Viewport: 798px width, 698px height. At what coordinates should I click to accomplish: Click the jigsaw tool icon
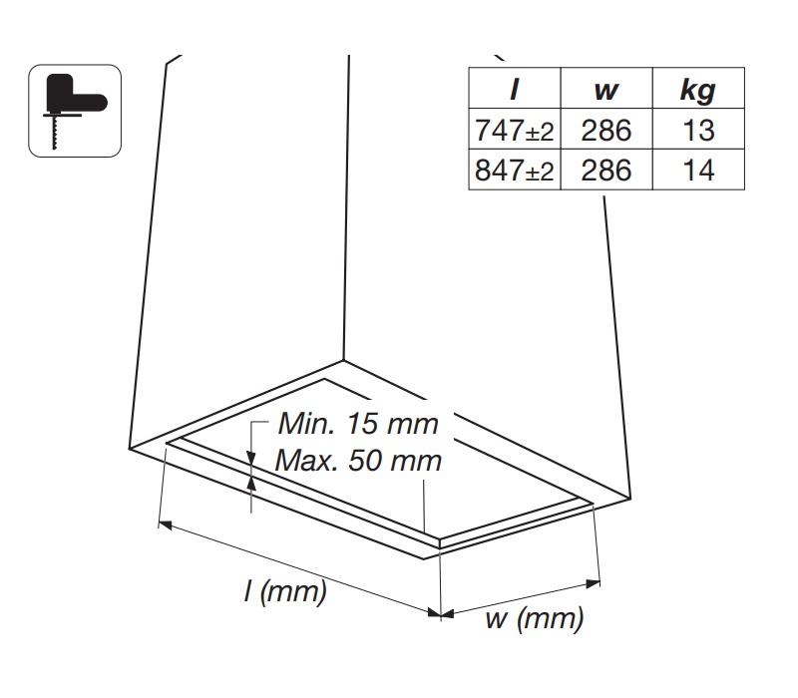coord(74,110)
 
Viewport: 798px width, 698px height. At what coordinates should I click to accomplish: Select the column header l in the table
coord(515,90)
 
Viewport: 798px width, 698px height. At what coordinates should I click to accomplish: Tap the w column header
coord(605,90)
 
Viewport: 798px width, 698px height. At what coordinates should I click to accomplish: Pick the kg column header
coord(697,90)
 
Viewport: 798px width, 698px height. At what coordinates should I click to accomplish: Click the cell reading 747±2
coord(515,130)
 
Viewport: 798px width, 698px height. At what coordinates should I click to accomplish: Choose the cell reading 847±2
coord(515,170)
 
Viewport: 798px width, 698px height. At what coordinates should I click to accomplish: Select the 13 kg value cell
coord(697,130)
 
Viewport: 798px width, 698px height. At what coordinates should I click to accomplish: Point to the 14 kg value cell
coord(697,170)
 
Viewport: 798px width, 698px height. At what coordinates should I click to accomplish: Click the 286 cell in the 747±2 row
coord(605,130)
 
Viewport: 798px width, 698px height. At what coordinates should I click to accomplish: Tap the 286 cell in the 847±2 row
coord(605,170)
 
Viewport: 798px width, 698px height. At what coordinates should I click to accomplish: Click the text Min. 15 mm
coord(358,424)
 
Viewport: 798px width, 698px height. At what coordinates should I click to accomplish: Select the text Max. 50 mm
coord(358,462)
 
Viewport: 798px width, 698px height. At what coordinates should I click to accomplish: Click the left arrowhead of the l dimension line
coord(166,523)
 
